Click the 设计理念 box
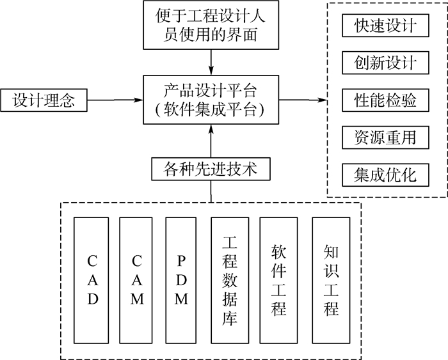coord(44,100)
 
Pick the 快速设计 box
coord(385,26)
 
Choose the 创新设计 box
coord(385,63)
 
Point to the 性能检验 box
coord(385,100)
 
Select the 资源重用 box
coord(385,137)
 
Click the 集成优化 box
coord(385,174)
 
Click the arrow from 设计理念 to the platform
coord(115,100)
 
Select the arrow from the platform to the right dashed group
coord(301,100)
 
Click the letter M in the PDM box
coord(183,299)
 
